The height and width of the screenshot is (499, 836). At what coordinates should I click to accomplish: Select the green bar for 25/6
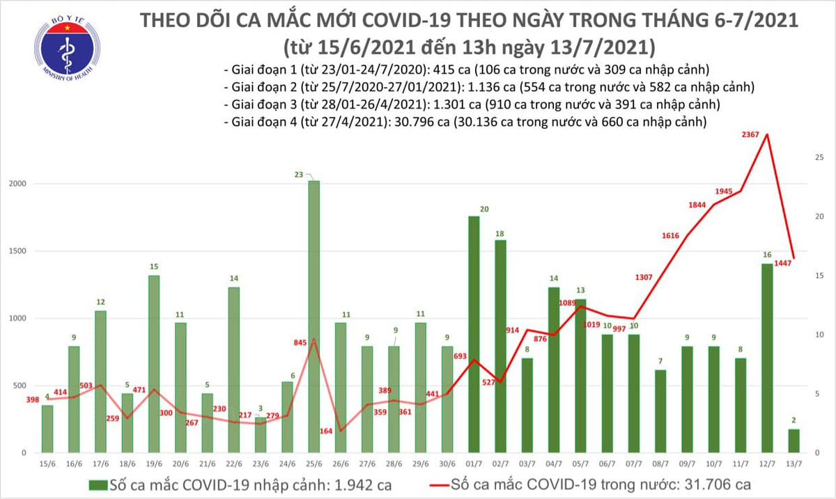(x=313, y=317)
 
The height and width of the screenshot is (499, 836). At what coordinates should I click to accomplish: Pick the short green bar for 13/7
(x=794, y=441)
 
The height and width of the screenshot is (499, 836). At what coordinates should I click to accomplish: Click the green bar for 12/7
(x=767, y=358)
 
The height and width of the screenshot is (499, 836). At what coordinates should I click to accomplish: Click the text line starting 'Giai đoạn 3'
(x=472, y=104)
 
